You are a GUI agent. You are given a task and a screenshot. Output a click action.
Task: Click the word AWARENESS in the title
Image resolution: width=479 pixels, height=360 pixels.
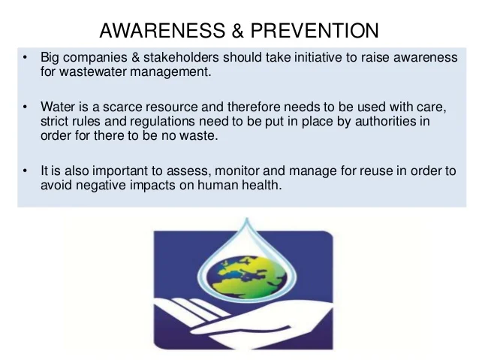(x=155, y=31)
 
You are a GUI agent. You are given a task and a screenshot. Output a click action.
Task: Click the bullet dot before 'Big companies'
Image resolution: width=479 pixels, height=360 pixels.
(x=25, y=58)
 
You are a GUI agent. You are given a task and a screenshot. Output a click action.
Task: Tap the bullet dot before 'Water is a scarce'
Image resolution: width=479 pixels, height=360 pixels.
(x=25, y=107)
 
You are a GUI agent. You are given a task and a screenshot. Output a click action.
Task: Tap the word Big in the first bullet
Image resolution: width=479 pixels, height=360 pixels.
(x=50, y=58)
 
